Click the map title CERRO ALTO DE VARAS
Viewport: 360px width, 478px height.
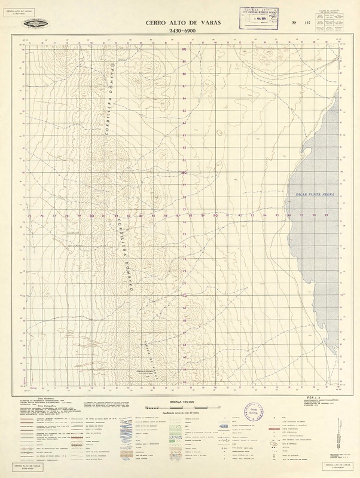click(179, 22)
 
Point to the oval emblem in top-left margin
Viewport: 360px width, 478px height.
click(37, 23)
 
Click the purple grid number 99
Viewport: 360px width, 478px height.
click(326, 215)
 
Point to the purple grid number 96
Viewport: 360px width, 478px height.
click(289, 215)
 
